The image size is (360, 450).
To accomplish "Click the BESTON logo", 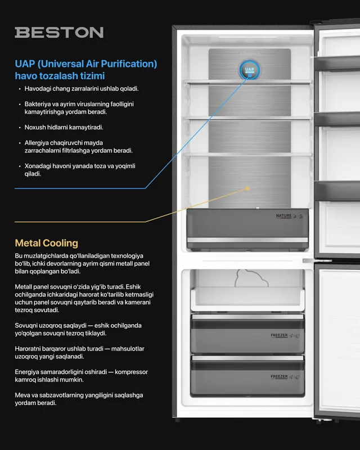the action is (59, 33).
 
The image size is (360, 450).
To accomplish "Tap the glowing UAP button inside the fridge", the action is (250, 70).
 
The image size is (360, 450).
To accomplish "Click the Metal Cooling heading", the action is (47, 243).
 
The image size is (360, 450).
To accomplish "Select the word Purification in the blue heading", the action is (129, 64).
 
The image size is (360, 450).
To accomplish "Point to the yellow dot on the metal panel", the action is (247, 188).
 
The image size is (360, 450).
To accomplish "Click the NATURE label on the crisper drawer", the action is (283, 216).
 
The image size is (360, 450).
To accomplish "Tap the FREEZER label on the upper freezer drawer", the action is (279, 335).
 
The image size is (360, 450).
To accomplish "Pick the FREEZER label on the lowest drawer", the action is (279, 376).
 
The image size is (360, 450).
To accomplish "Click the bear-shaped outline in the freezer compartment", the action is (251, 278).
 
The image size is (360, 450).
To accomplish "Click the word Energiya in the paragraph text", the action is (26, 372).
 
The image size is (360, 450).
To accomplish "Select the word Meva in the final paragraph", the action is (21, 395).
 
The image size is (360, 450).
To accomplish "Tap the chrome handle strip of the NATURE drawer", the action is (247, 240).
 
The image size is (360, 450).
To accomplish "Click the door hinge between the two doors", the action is (317, 260).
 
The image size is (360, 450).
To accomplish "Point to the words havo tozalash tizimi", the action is (60, 76).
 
